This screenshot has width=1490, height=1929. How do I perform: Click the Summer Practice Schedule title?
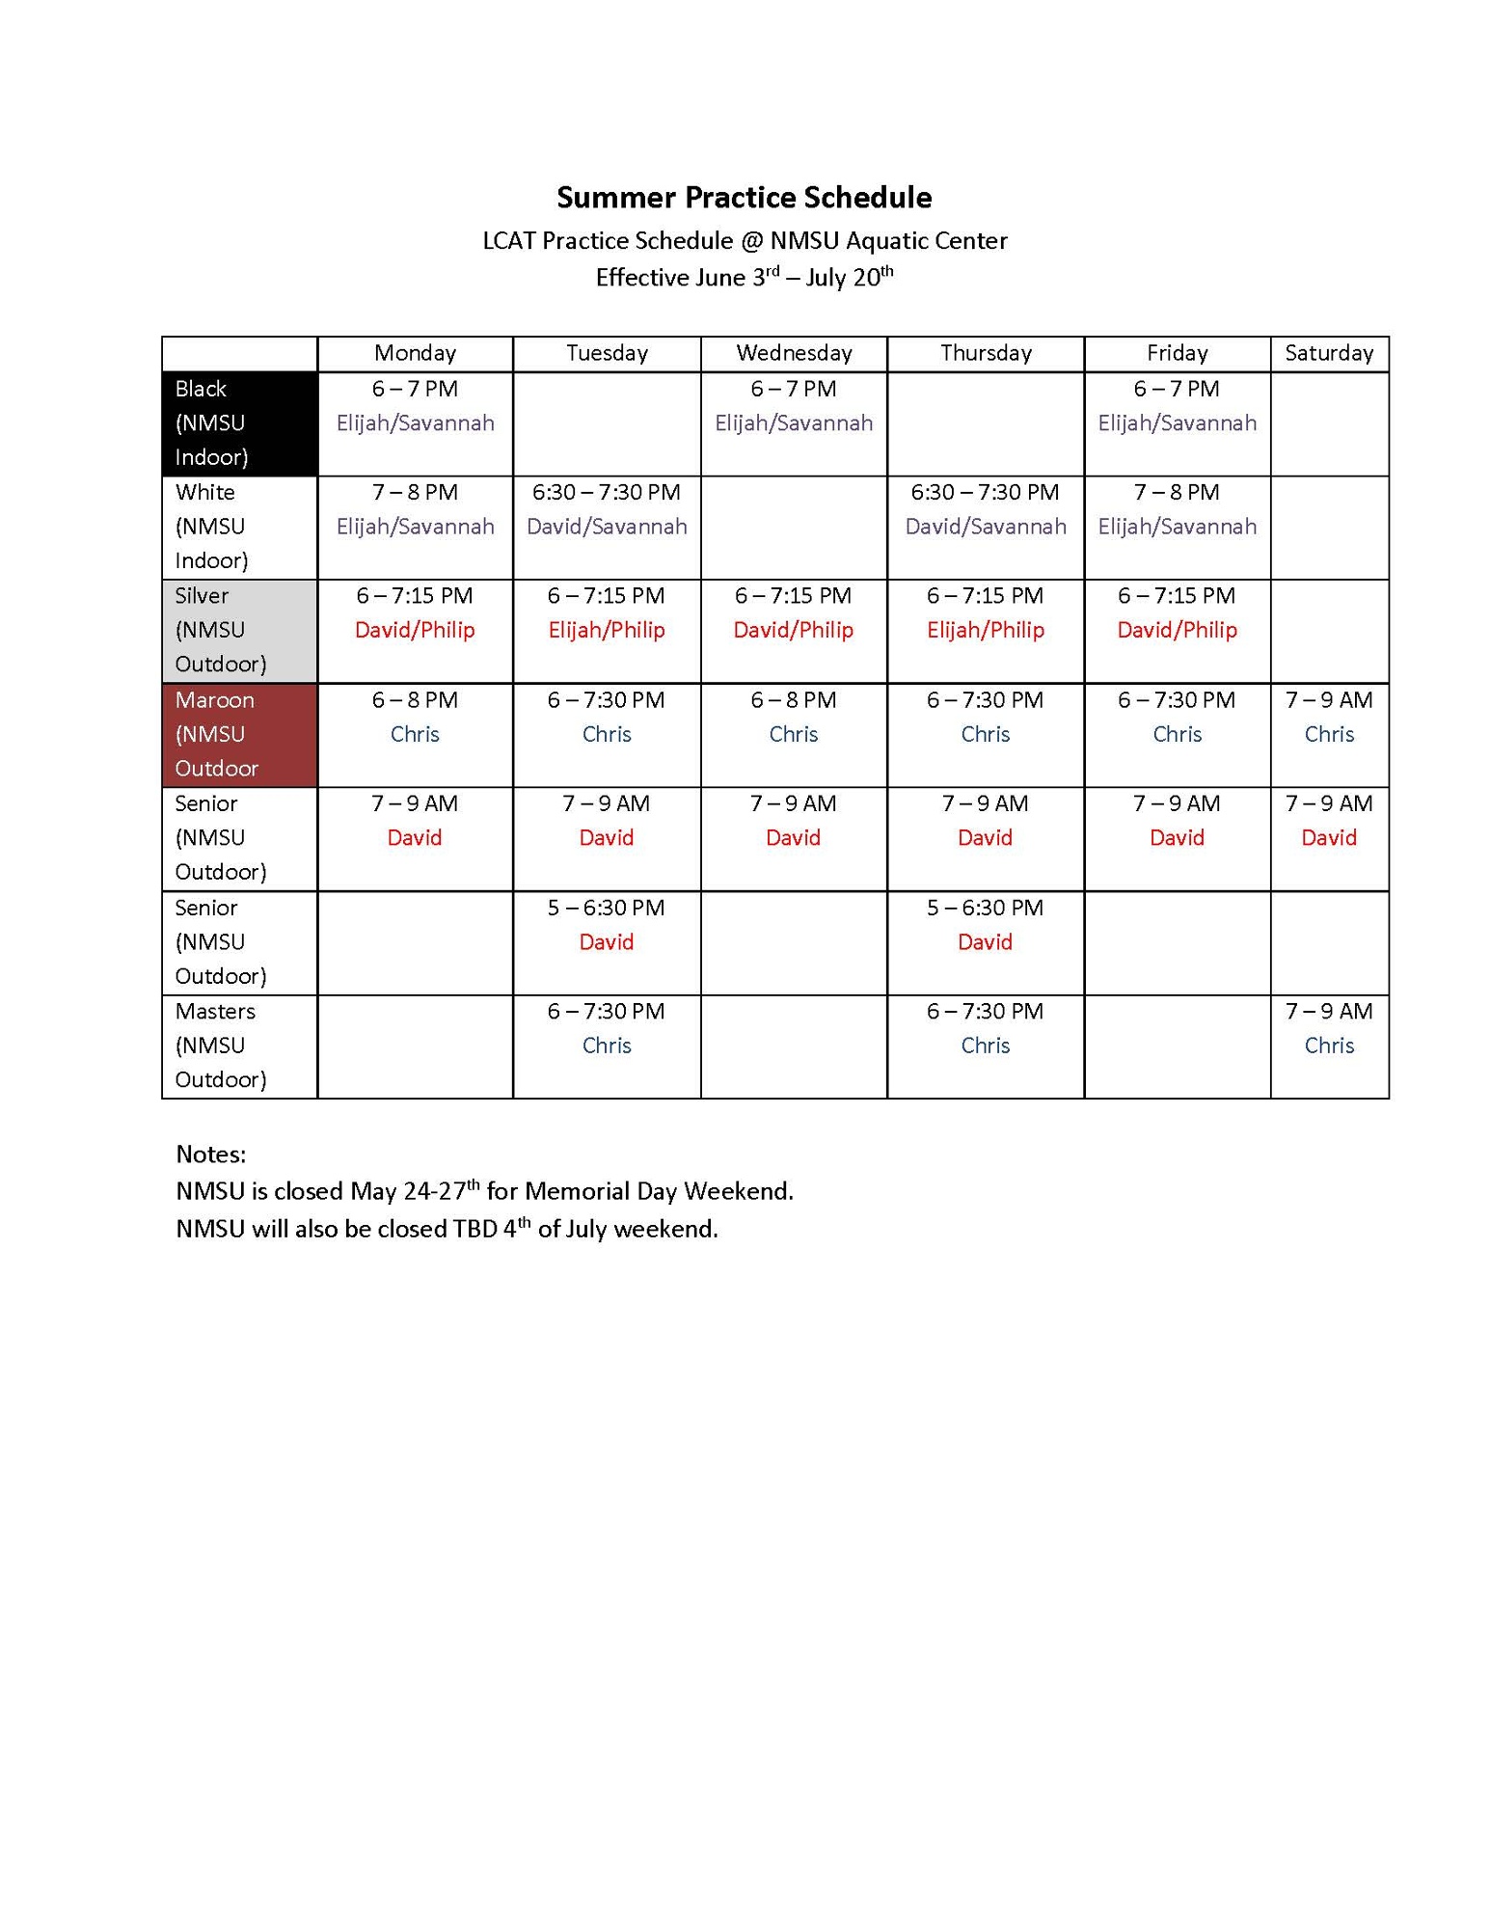coord(744,198)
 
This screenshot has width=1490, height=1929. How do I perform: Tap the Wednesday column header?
coord(794,353)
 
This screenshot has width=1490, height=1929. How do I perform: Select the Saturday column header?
coord(1328,353)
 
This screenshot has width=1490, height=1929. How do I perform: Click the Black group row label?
coord(239,423)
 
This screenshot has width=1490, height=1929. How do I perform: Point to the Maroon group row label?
coord(239,734)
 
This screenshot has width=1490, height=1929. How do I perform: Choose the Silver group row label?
coord(239,630)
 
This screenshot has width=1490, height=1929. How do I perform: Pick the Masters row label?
coord(239,1046)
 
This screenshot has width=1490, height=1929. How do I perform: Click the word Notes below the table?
coord(210,1155)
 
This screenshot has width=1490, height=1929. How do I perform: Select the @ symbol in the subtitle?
coord(751,241)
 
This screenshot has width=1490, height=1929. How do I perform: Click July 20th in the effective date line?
coord(849,278)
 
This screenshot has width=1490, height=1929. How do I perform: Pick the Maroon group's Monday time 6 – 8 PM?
coord(415,700)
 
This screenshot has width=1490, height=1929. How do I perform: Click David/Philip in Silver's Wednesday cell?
coord(793,631)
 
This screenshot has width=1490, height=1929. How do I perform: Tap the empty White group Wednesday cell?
coord(794,528)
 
